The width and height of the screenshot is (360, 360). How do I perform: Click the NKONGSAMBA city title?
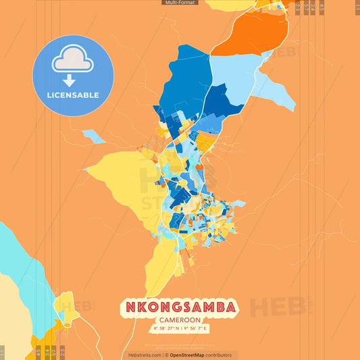(180, 307)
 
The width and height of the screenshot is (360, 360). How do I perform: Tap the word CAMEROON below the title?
(180, 320)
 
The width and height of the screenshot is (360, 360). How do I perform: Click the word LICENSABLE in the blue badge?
(73, 95)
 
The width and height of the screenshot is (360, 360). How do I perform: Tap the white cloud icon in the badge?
(73, 61)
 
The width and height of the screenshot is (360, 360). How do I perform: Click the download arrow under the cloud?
(69, 80)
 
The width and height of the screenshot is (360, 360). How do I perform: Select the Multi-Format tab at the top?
(180, 3)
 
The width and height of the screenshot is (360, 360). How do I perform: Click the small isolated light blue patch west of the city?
(93, 136)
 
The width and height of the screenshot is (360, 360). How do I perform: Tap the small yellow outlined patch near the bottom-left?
(66, 304)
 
